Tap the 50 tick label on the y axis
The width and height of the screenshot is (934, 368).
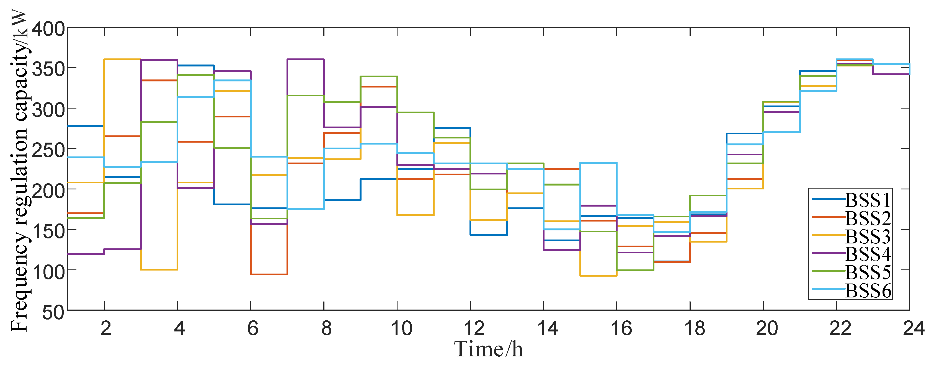(53, 312)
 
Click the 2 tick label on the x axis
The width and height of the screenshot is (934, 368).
(105, 328)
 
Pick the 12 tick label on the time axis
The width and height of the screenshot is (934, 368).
(474, 328)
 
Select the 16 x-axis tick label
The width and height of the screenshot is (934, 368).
(621, 328)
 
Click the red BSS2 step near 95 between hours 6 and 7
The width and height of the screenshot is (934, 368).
(269, 274)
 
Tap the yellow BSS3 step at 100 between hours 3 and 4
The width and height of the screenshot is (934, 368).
(159, 270)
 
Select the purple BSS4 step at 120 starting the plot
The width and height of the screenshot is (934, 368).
(86, 254)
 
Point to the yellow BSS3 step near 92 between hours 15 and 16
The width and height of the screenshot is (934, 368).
(598, 276)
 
